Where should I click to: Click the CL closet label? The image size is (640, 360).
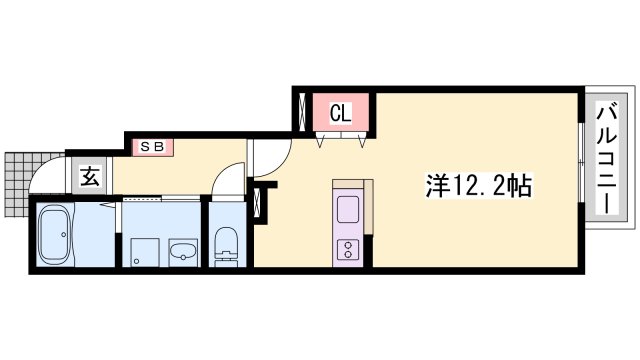340,114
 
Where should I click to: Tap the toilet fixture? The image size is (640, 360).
226,245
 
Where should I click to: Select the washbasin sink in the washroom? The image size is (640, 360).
182,250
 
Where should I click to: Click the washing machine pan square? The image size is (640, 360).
139,250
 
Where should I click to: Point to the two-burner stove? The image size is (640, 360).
348,247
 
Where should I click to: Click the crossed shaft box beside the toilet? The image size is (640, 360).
262,204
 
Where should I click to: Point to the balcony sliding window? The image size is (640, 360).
582,160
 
